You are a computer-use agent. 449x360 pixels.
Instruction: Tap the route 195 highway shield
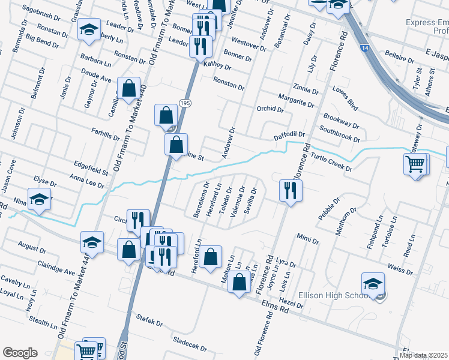pyautogui.click(x=184, y=104)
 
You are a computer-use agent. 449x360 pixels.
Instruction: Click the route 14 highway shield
pyautogui.click(x=364, y=47)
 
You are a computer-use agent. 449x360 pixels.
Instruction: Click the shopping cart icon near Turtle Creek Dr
pyautogui.click(x=416, y=164)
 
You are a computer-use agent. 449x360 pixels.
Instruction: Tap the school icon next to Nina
pyautogui.click(x=39, y=199)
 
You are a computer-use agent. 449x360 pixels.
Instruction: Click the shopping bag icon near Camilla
pyautogui.click(x=129, y=89)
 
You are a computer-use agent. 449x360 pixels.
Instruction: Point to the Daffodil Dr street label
pyautogui.click(x=291, y=136)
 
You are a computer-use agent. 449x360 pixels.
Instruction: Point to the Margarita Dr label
pyautogui.click(x=296, y=100)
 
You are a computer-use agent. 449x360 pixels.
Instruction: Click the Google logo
pyautogui.click(x=20, y=352)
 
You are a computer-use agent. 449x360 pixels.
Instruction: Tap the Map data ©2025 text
pyautogui.click(x=424, y=355)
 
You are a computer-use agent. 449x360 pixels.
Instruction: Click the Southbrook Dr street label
pyautogui.click(x=339, y=133)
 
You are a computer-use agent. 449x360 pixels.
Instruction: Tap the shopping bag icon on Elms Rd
pyautogui.click(x=239, y=281)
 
